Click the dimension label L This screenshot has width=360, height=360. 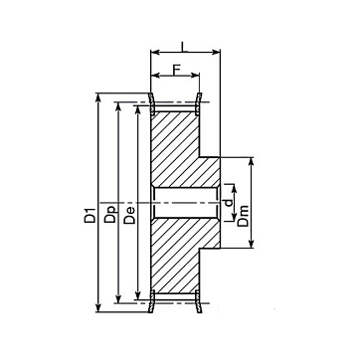[x=185, y=46]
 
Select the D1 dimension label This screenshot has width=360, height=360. [x=90, y=215]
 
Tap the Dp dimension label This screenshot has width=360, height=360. [x=110, y=214]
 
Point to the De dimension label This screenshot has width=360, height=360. [x=129, y=215]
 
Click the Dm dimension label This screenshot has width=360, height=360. [x=244, y=216]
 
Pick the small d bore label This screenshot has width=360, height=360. [x=229, y=203]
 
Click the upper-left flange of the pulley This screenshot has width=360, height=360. [x=152, y=104]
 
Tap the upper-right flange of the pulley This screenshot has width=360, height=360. [x=198, y=104]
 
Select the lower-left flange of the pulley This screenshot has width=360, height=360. [x=152, y=301]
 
